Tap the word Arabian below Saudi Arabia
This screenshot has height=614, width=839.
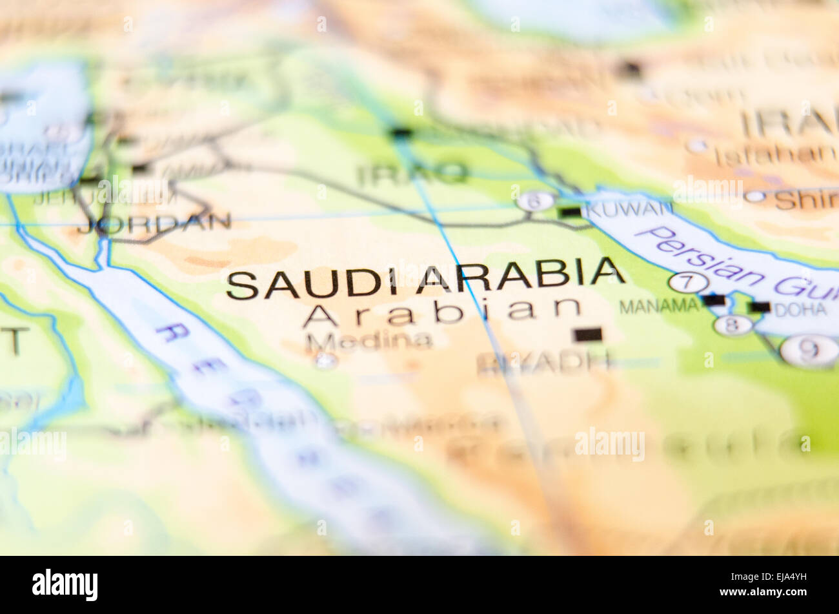click(442, 312)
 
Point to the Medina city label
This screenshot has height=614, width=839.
click(369, 340)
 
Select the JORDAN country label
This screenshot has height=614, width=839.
click(154, 223)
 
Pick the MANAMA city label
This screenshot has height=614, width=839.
click(658, 306)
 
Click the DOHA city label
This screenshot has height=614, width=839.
click(800, 309)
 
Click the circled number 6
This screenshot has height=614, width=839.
click(536, 201)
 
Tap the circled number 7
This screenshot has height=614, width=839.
click(688, 283)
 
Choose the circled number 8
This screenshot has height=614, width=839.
click(733, 325)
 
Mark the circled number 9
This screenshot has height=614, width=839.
click(809, 351)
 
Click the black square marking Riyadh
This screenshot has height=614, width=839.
click(587, 334)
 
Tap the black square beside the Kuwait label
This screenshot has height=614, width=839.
click(571, 212)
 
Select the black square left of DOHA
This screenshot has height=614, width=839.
click(760, 307)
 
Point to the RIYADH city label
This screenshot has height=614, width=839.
click(543, 363)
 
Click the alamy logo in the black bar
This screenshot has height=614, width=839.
click(65, 585)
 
